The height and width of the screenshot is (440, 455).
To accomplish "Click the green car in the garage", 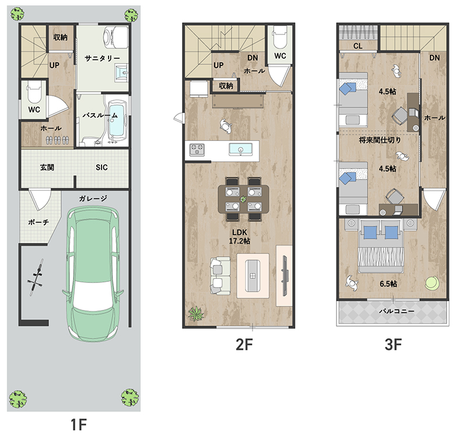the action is [x=93, y=274].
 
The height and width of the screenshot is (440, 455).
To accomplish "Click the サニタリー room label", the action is [x=102, y=58].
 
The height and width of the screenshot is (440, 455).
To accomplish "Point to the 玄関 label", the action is [x=47, y=167].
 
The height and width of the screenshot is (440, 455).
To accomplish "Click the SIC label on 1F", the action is [x=101, y=167].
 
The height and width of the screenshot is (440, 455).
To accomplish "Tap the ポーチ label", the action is [x=38, y=222].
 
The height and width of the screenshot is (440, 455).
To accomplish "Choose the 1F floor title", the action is [x=79, y=425].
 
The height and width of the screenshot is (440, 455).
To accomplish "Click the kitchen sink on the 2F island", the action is [x=240, y=149].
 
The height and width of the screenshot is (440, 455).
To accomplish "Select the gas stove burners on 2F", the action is [x=197, y=150].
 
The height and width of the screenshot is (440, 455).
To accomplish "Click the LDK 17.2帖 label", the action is [x=240, y=236].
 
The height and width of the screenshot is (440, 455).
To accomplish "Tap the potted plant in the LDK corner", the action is [x=195, y=313].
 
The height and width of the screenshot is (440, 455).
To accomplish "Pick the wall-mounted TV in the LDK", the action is [x=285, y=275].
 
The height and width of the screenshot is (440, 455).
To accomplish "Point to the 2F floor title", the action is [x=244, y=344].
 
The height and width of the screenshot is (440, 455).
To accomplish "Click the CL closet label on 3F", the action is [x=358, y=46].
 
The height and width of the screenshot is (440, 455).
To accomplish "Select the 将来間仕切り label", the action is [x=380, y=140].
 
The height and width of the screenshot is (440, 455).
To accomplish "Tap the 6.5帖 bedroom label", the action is [x=388, y=284].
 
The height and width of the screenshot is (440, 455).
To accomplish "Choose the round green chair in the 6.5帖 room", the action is [x=432, y=283].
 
